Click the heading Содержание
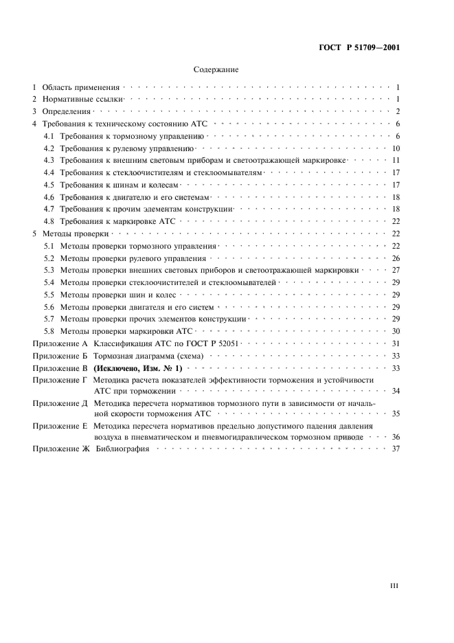[216, 69]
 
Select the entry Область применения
[80, 88]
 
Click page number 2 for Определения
[398, 111]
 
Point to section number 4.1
[49, 136]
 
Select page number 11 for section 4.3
[396, 161]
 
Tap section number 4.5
[49, 185]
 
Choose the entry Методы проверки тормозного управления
[138, 246]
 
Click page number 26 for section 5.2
[396, 258]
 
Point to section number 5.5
[49, 295]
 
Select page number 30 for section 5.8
[396, 331]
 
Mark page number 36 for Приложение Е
[396, 436]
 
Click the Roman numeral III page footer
[394, 586]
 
